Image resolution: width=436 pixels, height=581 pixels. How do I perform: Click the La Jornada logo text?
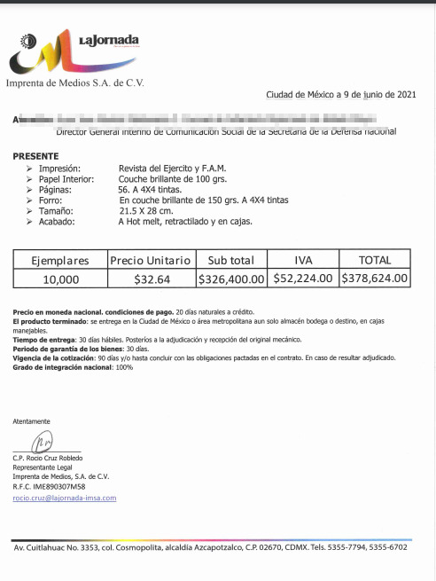(x=108, y=40)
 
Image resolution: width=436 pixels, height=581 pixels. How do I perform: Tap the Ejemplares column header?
(x=60, y=261)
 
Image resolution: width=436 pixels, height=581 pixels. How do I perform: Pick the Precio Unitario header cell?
(x=150, y=261)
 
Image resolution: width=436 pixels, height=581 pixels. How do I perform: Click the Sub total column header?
(x=230, y=261)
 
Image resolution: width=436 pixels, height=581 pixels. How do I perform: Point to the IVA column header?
(x=302, y=261)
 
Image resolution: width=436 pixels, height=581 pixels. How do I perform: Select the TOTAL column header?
(x=374, y=261)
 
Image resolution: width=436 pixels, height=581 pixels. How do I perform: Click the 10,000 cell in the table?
(x=60, y=279)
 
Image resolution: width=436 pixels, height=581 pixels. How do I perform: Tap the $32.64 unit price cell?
(x=151, y=279)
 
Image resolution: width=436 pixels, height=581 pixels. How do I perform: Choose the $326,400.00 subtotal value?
(x=230, y=279)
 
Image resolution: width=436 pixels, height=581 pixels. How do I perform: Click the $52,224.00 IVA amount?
(x=302, y=279)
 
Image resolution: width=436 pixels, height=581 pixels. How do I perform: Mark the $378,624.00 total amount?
(x=374, y=279)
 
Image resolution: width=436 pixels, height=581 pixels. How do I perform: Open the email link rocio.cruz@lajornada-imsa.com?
(x=64, y=499)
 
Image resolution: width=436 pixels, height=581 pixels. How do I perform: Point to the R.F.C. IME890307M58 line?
(x=49, y=487)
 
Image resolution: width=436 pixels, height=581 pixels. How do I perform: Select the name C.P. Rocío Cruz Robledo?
(x=48, y=458)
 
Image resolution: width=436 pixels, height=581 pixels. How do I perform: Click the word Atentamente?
(x=31, y=421)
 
